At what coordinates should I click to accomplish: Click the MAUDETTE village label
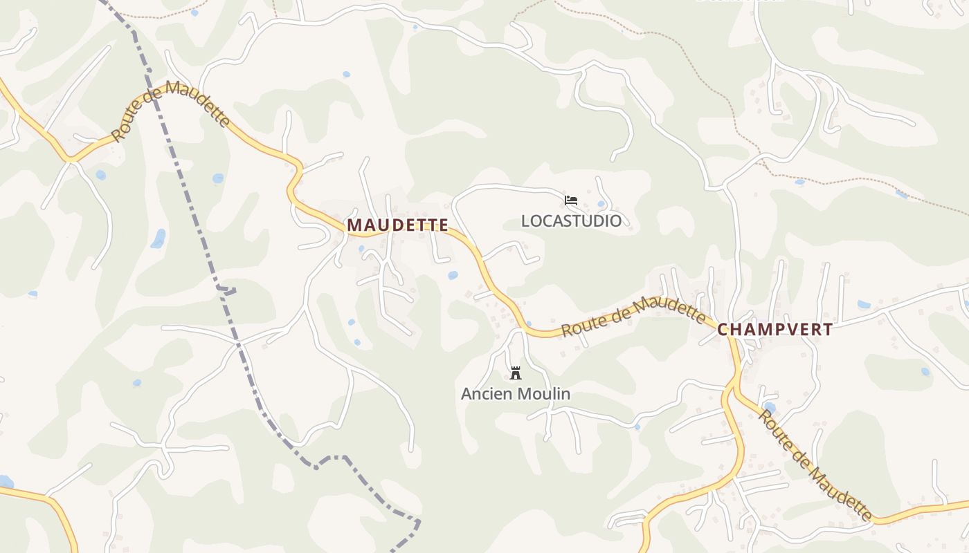point(397,225)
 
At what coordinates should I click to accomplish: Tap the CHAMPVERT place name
point(775,330)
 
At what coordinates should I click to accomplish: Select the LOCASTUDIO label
point(571,221)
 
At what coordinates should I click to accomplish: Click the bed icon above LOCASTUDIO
point(571,200)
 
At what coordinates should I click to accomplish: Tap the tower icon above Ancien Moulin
point(515,373)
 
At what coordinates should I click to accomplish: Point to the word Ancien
point(487,394)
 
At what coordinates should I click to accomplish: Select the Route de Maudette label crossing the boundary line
point(170,109)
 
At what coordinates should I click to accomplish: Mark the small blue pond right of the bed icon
point(601,204)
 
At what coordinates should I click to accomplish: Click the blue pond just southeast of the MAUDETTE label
point(453,275)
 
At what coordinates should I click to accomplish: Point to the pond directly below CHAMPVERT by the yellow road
point(769,406)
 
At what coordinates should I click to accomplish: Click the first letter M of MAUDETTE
point(354,225)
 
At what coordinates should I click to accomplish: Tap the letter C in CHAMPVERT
point(723,330)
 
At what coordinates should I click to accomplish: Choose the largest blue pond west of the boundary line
point(159,238)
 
